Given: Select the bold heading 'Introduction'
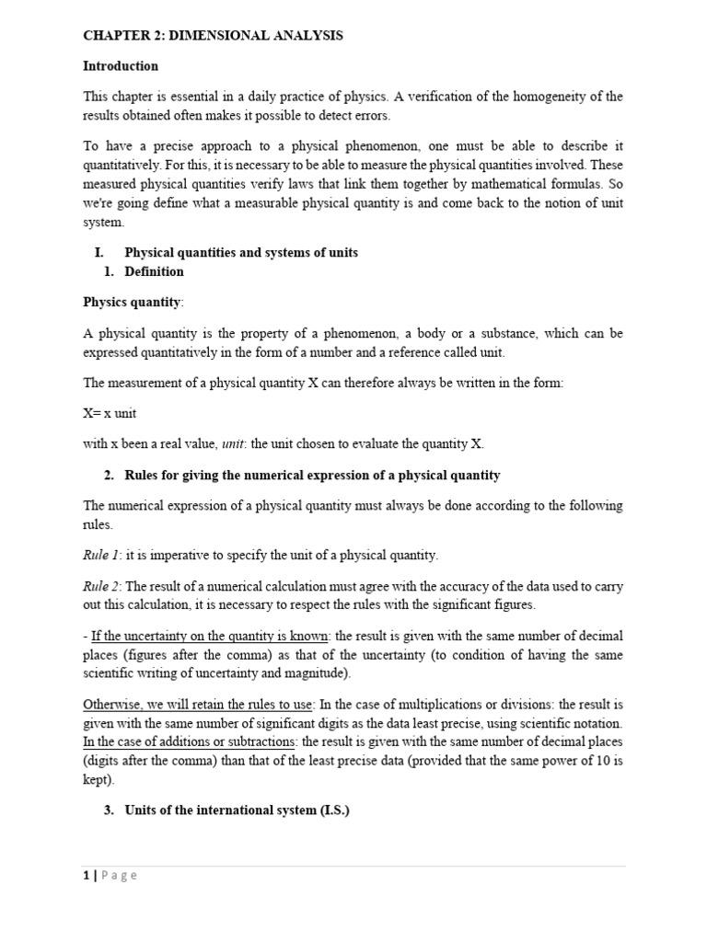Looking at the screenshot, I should point(121,66).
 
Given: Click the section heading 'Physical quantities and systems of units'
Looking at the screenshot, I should point(241,252).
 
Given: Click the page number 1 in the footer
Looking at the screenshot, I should point(86,876).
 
